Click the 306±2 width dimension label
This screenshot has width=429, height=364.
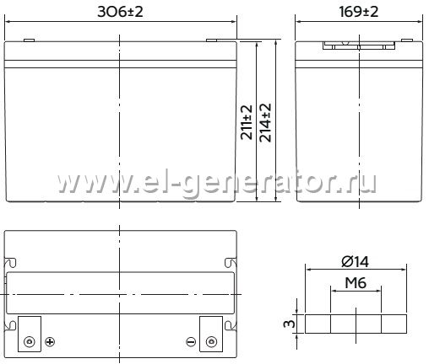click(x=120, y=12)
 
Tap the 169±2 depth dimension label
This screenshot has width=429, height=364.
click(x=358, y=12)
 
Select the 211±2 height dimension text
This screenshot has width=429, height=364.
click(x=247, y=122)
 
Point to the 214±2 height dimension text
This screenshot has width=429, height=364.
click(x=265, y=122)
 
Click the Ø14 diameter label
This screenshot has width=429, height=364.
click(x=355, y=262)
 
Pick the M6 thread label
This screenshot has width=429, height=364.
click(x=356, y=283)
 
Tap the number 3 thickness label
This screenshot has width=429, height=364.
click(x=290, y=324)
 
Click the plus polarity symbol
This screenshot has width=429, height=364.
click(x=50, y=342)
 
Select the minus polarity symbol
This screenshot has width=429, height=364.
click(x=191, y=342)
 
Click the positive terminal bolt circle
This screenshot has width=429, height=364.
click(x=30, y=342)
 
